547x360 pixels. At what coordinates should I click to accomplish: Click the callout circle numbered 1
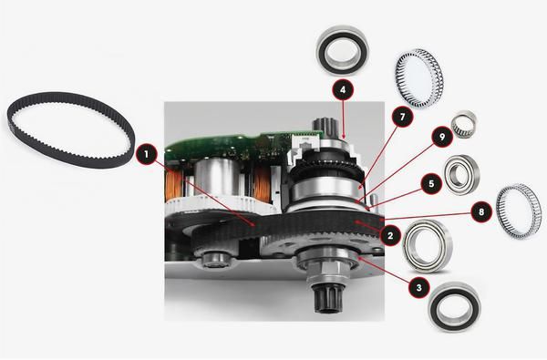tap(145, 155)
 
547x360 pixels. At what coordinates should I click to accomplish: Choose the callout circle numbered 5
tap(423, 181)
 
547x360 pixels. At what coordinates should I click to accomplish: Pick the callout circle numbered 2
tap(390, 235)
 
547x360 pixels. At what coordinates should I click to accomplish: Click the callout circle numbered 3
tap(418, 286)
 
